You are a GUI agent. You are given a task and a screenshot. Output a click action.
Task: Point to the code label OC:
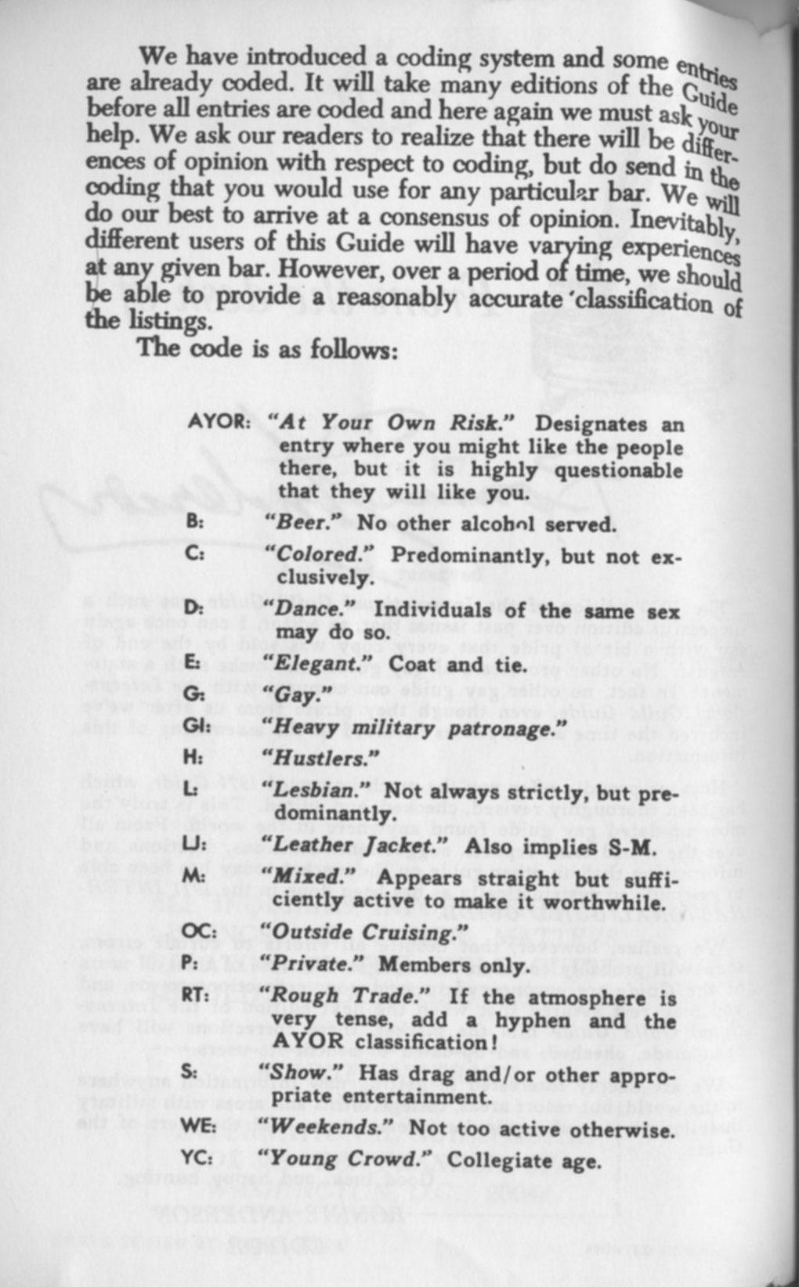pos(199,932)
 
